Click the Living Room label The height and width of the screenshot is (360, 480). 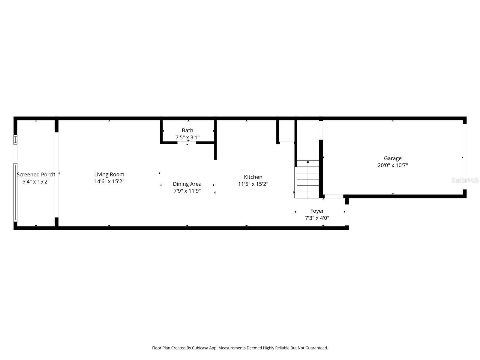[109, 174]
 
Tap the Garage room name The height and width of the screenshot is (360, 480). [393, 158]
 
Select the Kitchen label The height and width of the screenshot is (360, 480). [253, 177]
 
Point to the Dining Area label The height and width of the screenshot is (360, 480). [187, 184]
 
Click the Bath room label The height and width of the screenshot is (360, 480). [187, 130]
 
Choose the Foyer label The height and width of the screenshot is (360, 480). [317, 211]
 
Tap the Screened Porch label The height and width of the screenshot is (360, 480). [36, 174]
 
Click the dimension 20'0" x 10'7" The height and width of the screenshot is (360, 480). [393, 165]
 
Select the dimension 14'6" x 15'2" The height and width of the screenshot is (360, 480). [109, 181]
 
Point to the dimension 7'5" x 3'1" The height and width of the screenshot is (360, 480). [187, 137]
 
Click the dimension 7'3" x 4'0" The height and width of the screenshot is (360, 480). [317, 218]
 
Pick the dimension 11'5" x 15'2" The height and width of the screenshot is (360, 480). [253, 184]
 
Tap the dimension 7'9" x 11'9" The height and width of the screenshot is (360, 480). [187, 191]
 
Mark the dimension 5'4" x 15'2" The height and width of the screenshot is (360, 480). [36, 181]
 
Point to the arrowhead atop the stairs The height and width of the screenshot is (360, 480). [308, 162]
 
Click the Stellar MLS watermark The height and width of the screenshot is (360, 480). [465, 180]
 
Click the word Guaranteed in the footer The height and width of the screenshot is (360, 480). [316, 348]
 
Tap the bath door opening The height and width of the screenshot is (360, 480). [187, 143]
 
